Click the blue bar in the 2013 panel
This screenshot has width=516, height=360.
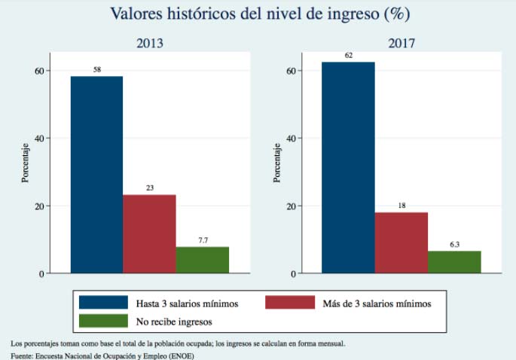tap(96, 174)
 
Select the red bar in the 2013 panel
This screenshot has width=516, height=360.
tap(149, 233)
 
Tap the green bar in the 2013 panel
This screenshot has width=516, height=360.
tap(202, 260)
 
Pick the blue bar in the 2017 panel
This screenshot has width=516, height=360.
tap(348, 167)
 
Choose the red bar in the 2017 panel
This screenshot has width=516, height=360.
tap(401, 243)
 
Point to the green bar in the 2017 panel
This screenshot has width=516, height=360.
tap(453, 262)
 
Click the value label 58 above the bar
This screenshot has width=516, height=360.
tap(96, 69)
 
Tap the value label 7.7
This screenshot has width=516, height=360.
tap(202, 240)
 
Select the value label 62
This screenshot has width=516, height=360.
tap(348, 55)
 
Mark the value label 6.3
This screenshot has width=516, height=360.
tap(453, 244)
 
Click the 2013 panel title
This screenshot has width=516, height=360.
tap(149, 43)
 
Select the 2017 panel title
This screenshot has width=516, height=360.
tap(402, 43)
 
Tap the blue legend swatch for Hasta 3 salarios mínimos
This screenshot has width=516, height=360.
tap(103, 303)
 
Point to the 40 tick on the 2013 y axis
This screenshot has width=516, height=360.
tap(39, 139)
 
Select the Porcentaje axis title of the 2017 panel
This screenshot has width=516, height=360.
tap(276, 162)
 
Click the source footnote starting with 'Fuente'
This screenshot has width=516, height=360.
tap(102, 355)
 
